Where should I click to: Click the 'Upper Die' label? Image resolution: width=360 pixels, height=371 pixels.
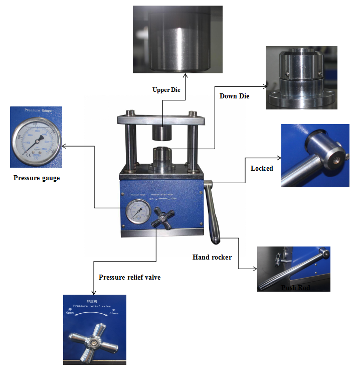point(166,90)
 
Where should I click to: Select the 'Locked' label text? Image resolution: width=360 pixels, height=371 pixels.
point(262,168)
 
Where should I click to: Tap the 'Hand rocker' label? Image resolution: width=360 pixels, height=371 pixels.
point(212,257)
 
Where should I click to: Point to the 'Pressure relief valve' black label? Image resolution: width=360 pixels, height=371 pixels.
point(129,277)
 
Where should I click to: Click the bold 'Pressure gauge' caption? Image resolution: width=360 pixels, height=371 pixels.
point(37,178)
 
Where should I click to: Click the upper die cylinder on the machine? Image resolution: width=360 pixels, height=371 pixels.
point(162,132)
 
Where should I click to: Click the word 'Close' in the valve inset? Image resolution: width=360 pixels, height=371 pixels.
point(115,314)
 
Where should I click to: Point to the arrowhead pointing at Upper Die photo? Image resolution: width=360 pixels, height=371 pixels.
point(186,76)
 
